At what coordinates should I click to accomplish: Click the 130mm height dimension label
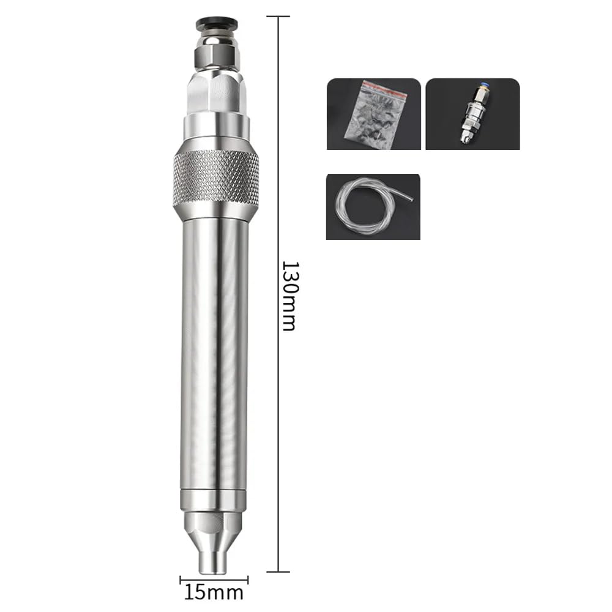coord(289,296)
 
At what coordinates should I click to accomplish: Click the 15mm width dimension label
coord(214,592)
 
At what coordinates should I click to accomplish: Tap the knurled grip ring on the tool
coord(215,178)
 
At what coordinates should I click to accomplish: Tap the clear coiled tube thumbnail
coord(373,206)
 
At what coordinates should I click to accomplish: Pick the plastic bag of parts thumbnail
coord(373,114)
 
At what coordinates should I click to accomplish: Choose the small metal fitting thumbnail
coord(472,114)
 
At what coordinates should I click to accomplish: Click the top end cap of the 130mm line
coord(279,17)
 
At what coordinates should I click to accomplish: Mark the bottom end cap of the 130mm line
coord(279,572)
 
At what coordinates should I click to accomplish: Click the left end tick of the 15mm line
coord(181,579)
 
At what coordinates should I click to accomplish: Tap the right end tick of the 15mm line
coord(248,579)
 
